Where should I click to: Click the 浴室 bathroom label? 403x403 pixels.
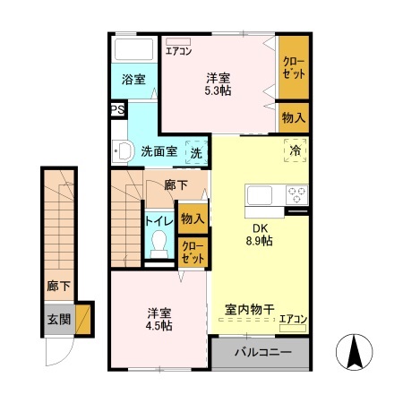tap(133, 79)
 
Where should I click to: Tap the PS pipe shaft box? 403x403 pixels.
tap(117, 109)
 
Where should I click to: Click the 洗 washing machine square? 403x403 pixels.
tap(195, 151)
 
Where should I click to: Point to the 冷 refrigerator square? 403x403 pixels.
tap(295, 150)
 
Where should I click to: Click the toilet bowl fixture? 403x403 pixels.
tap(160, 242)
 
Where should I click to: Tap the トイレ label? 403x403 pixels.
tap(160, 218)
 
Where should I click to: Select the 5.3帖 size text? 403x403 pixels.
tap(217, 90)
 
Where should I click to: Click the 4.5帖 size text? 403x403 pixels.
tap(161, 325)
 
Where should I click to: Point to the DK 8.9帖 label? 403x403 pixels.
tap(260, 233)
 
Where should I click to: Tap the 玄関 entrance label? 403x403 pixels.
tap(59, 318)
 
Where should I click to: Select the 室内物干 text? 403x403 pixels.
tap(248, 311)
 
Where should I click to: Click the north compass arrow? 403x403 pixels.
tap(356, 352)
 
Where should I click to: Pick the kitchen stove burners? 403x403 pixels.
tap(296, 193)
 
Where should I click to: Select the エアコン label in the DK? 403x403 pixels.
tap(293, 318)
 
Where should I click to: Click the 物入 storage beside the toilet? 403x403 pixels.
tap(192, 218)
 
